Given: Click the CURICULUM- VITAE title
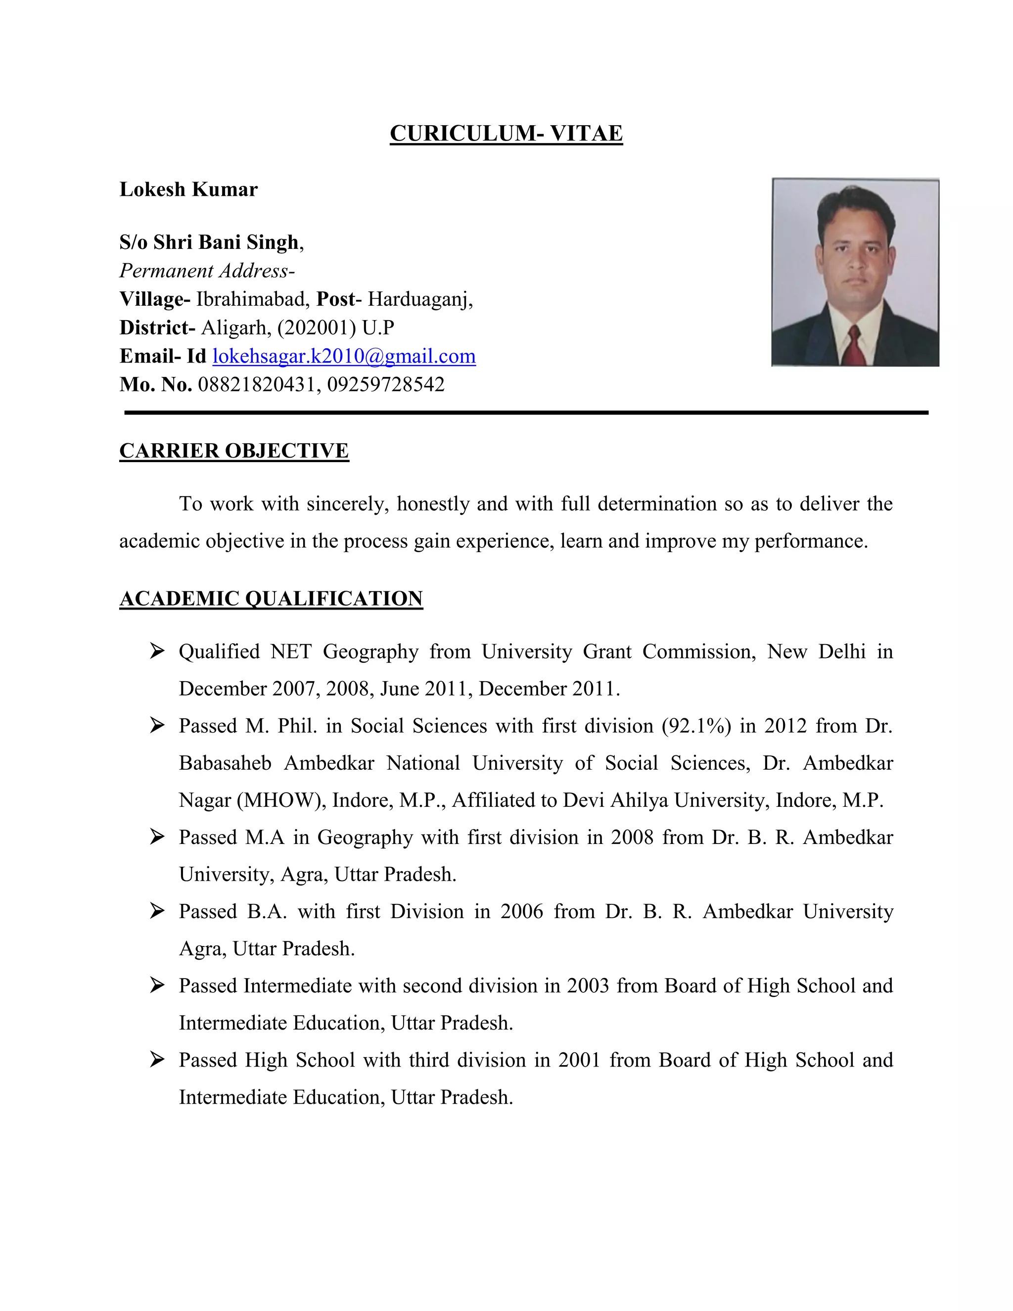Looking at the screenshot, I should [506, 133].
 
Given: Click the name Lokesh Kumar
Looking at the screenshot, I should [188, 189].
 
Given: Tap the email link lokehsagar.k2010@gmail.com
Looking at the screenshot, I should [344, 356].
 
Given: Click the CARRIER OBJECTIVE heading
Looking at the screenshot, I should [233, 450].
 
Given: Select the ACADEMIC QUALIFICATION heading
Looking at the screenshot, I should [271, 599].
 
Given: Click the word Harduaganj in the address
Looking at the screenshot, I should [419, 299].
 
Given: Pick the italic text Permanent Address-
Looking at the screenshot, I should [206, 271].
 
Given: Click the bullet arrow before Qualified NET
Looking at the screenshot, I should [157, 651].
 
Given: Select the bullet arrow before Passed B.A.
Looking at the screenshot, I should [157, 911].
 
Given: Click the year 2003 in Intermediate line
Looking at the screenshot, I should [588, 985].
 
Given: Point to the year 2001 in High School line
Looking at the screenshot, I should [579, 1060].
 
